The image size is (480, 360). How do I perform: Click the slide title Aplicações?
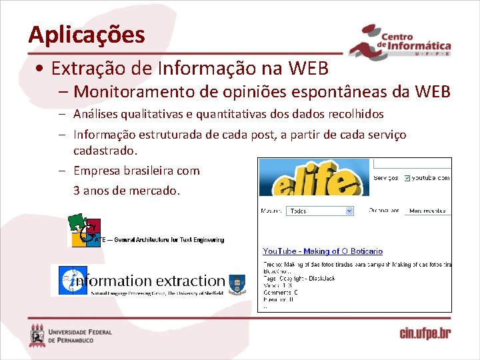87,34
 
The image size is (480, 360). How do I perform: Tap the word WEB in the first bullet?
309,68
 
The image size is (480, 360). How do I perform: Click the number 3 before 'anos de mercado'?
77,190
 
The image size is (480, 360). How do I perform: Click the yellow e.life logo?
313,177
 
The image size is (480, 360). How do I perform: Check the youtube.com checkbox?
406,178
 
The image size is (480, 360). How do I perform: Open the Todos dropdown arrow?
349,211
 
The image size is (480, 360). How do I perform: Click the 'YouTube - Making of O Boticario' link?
323,251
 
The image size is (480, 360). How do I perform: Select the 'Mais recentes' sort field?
427,211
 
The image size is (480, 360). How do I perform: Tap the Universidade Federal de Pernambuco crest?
37,335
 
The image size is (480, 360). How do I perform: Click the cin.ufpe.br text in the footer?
425,333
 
